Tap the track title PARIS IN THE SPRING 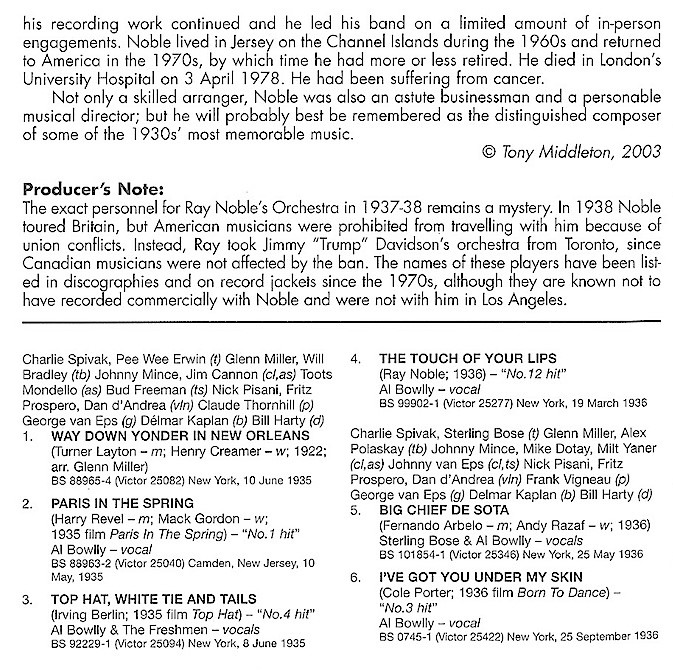(x=111, y=502)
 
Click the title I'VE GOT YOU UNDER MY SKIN (x=474, y=578)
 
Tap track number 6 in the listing (x=355, y=578)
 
